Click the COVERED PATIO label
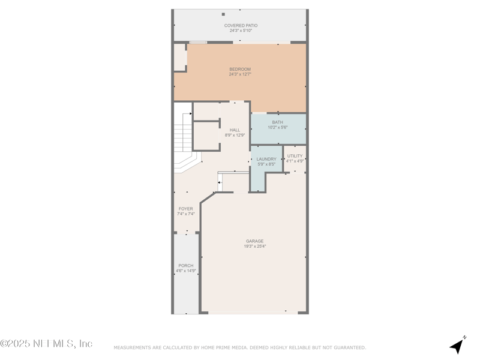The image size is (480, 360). click(x=241, y=26)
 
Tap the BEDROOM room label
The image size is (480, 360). click(x=240, y=69)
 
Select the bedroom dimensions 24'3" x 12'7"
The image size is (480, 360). click(x=240, y=74)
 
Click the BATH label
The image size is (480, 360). click(x=278, y=122)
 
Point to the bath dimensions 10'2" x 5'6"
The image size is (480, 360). click(x=278, y=127)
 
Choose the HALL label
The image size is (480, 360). click(x=235, y=130)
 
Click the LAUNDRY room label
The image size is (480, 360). click(x=266, y=159)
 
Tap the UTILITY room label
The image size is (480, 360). click(x=295, y=156)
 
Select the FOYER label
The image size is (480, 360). click(x=186, y=209)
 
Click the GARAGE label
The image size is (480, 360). click(x=254, y=241)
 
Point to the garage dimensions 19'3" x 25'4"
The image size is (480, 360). click(x=254, y=246)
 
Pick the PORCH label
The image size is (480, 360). click(x=186, y=266)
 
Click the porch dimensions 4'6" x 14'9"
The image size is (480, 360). click(x=186, y=271)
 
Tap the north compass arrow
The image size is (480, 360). click(x=458, y=346)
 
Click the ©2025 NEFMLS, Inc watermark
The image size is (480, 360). click(x=46, y=343)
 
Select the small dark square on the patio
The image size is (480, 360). click(x=223, y=14)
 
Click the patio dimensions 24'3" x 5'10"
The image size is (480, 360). click(x=241, y=31)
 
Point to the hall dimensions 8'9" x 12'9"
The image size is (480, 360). click(x=235, y=135)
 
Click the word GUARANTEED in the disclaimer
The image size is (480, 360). click(x=350, y=348)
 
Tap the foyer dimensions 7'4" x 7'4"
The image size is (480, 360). click(x=186, y=214)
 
